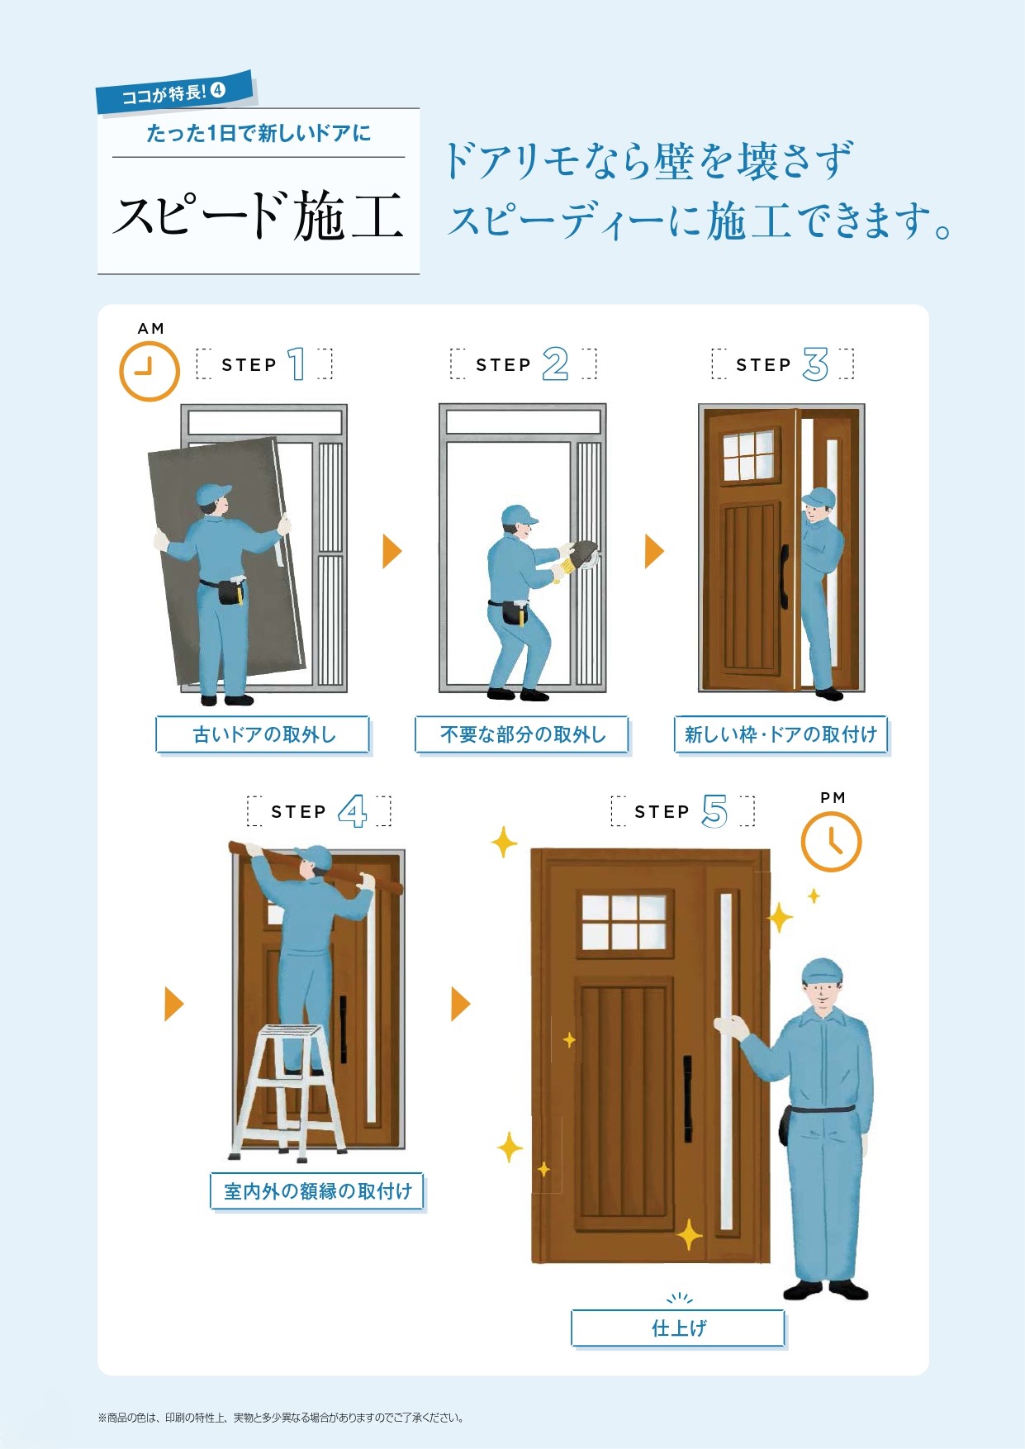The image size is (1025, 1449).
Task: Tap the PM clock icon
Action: [831, 842]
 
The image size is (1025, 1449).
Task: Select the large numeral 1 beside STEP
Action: [297, 364]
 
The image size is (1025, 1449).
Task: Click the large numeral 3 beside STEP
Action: [815, 364]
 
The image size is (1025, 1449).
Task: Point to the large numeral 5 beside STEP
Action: [714, 811]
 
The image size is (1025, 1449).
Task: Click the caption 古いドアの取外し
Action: [263, 734]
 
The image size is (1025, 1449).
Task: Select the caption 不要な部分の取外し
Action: [523, 734]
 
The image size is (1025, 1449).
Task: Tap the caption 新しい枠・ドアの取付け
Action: [781, 734]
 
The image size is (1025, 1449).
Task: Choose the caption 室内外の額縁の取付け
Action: [318, 1191]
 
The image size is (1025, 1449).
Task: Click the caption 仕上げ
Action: [679, 1328]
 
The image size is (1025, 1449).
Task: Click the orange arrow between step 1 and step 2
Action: [391, 551]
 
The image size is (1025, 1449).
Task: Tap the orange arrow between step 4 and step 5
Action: [460, 1004]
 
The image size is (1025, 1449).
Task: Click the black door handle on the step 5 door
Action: [687, 1099]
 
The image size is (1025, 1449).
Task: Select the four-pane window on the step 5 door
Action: [624, 922]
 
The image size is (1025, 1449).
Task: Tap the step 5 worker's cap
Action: [822, 972]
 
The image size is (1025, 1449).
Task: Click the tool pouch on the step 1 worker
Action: [231, 591]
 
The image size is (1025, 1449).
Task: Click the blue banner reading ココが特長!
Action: [174, 92]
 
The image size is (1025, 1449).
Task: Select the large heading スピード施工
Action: [259, 216]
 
